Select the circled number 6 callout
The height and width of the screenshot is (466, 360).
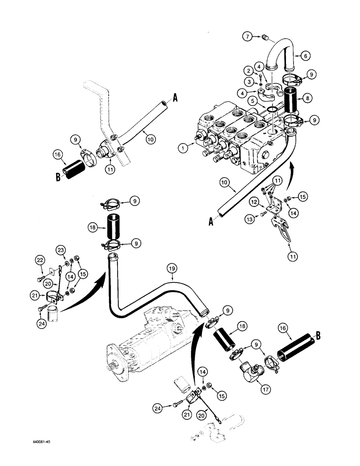click(306, 55)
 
